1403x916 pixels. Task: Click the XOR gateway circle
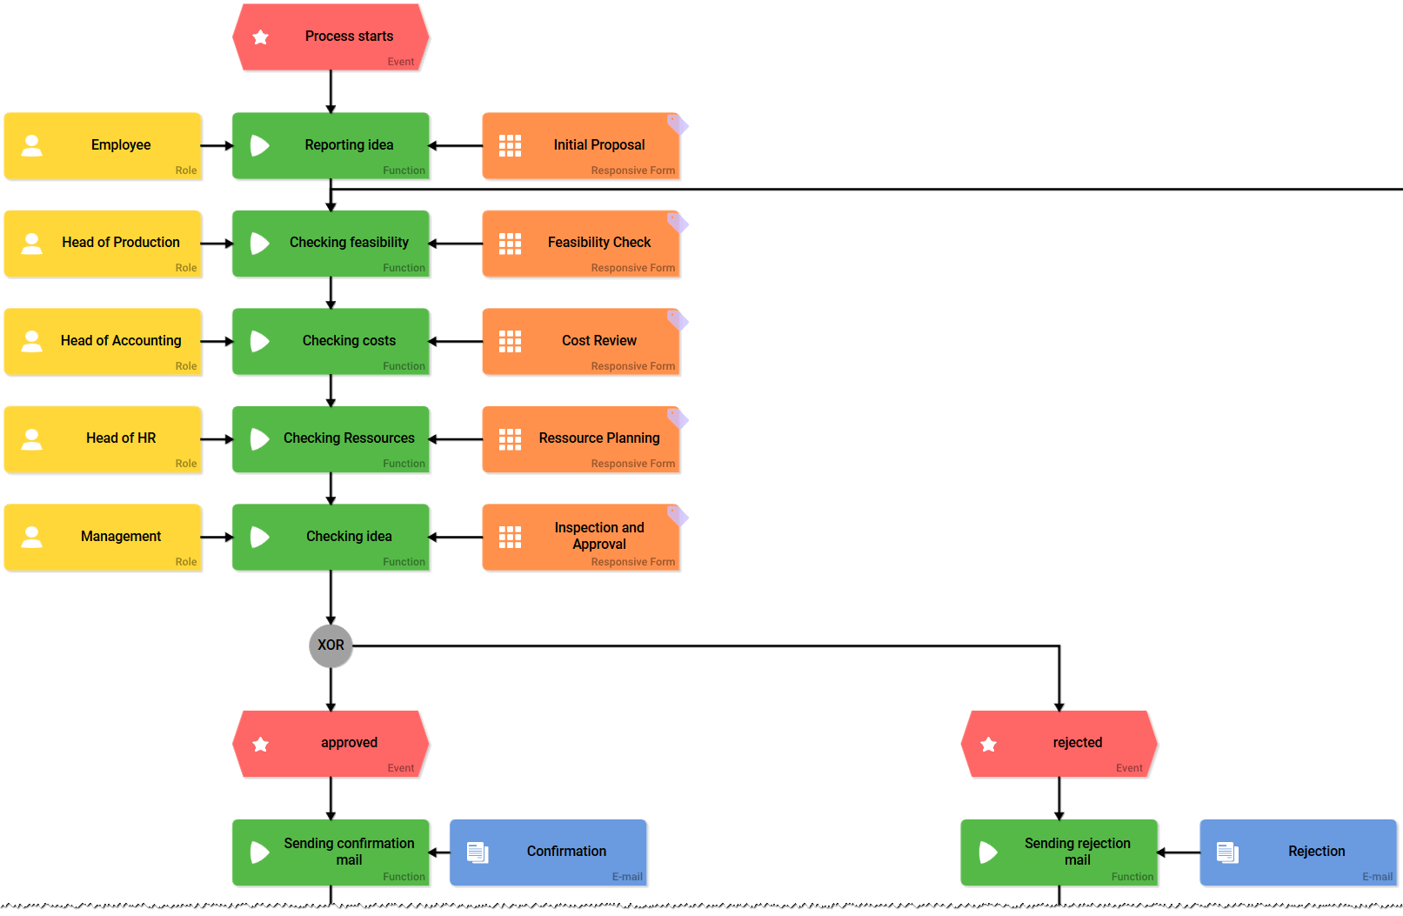point(331,645)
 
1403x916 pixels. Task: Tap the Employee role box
point(103,145)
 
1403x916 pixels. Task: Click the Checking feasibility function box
point(331,244)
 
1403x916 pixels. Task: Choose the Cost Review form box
point(580,341)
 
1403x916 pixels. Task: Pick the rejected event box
point(1059,744)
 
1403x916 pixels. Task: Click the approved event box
point(331,744)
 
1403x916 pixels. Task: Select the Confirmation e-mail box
point(548,852)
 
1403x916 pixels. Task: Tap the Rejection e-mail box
point(1298,852)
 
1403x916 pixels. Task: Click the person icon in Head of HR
point(32,439)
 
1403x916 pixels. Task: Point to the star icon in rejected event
point(988,745)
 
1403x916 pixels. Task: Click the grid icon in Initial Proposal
point(510,146)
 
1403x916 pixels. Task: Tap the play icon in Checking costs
point(259,341)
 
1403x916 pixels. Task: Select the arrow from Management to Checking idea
point(217,538)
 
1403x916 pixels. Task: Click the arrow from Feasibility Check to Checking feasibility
point(456,244)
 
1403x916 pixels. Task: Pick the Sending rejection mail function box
point(1059,852)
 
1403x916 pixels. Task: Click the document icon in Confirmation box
point(478,852)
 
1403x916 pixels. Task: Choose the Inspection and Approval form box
point(580,538)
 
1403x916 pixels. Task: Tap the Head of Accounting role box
point(103,341)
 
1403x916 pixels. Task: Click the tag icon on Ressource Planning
point(677,419)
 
